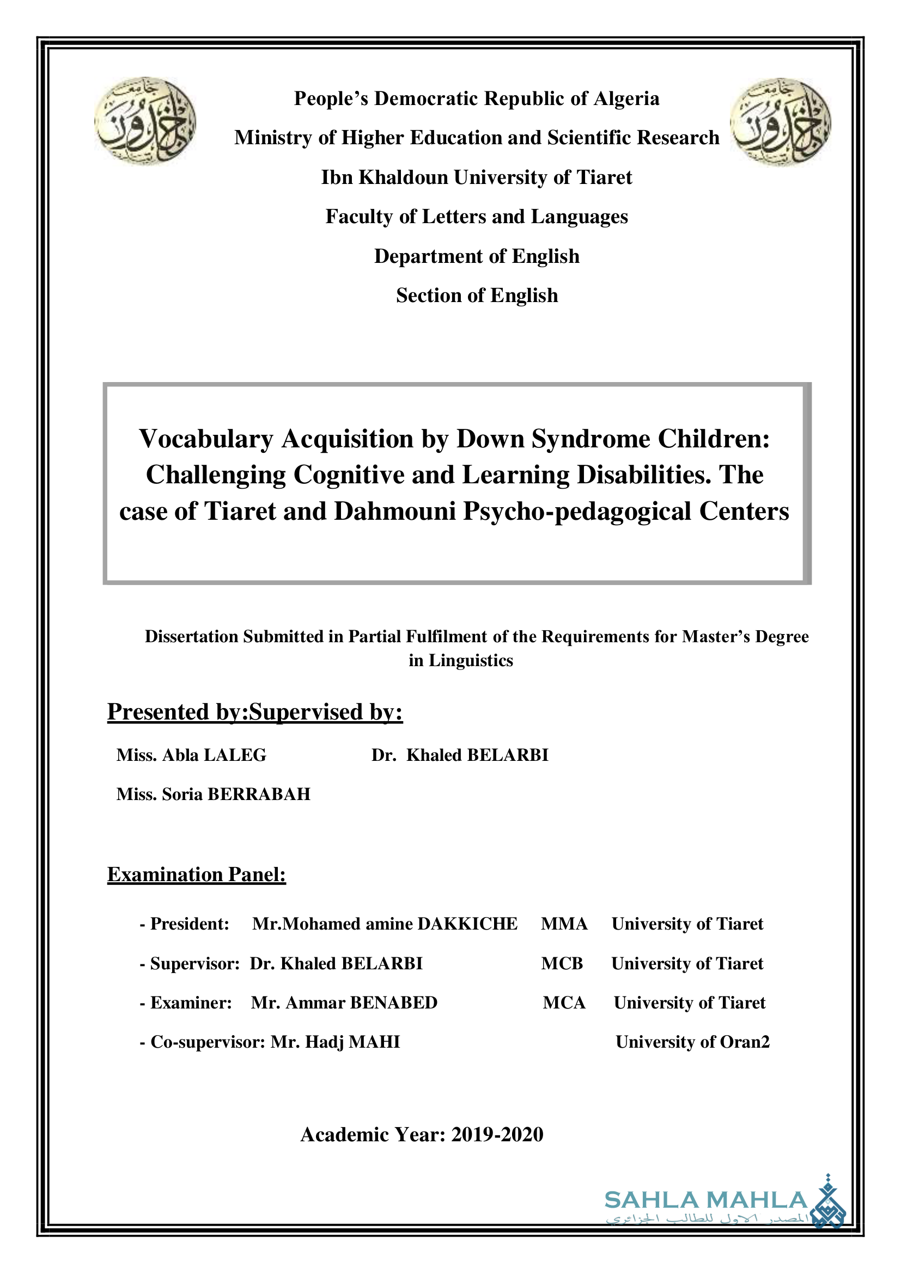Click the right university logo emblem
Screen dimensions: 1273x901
pos(780,121)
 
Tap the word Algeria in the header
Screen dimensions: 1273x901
pos(626,99)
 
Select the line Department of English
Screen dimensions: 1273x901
pos(477,256)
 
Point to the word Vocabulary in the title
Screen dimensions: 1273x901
pos(206,439)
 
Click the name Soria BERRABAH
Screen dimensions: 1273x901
pos(236,794)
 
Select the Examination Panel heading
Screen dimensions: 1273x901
pos(197,875)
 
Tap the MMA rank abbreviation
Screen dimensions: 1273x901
pos(564,924)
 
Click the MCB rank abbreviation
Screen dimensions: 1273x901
pos(562,963)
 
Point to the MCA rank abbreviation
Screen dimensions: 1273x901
pos(564,1003)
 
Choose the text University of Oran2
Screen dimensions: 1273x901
pos(692,1042)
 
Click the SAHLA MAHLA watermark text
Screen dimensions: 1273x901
pos(705,1201)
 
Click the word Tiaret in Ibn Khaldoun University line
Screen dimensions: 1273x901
pos(604,177)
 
